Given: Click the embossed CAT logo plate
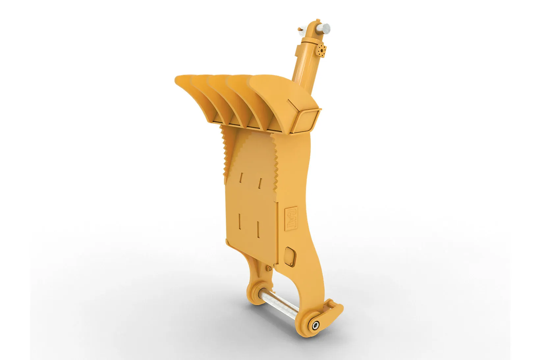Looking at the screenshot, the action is (x=291, y=218).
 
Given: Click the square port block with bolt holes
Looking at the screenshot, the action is (x=321, y=51).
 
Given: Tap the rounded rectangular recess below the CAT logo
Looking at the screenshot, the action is (x=290, y=256).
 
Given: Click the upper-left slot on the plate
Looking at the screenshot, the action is (x=241, y=177).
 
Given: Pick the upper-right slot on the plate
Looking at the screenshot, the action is (x=260, y=183).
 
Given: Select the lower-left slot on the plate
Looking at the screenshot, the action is (x=240, y=221).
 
